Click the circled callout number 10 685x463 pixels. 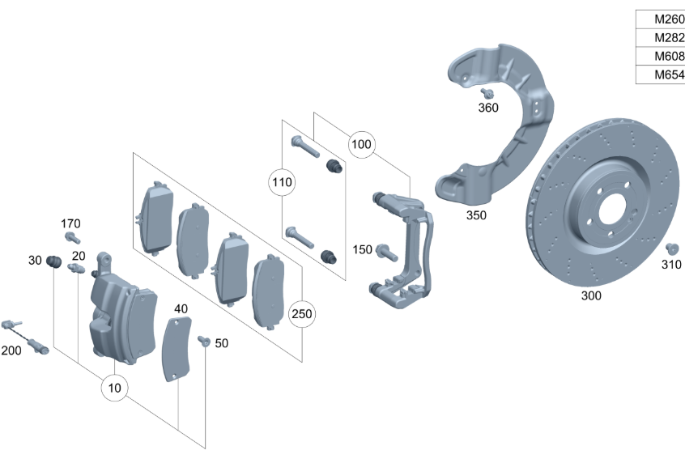coord(114,388)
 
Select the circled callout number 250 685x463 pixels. coord(302,313)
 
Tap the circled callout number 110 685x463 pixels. coord(282,182)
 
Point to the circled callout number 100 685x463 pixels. coord(361,144)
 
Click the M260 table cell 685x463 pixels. coord(661,19)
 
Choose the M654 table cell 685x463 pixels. coord(661,74)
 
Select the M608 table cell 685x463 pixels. coord(661,56)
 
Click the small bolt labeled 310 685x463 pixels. coord(672,248)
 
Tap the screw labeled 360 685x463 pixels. coord(487,93)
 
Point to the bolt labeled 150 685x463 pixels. coord(386,253)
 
